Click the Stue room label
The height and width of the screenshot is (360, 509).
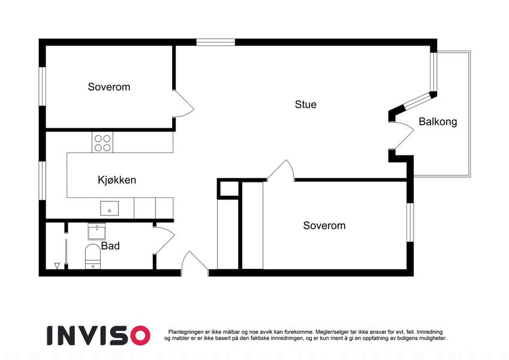(306, 104)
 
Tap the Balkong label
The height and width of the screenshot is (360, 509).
(438, 122)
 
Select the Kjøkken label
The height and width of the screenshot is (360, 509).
(117, 179)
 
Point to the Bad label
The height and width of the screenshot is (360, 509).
(110, 245)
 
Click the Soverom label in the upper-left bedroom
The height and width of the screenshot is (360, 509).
(109, 87)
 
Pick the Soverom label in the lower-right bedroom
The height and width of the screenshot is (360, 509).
(324, 226)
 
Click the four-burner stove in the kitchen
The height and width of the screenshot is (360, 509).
(103, 142)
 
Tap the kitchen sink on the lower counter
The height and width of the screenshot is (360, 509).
(109, 208)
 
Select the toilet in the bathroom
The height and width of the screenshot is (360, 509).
(93, 257)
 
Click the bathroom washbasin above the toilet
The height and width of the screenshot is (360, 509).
(97, 231)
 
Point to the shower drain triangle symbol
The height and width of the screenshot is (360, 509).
(57, 266)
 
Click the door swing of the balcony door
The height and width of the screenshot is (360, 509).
(402, 136)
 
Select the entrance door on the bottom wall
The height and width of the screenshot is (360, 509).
(195, 263)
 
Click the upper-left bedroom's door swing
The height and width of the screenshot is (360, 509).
(183, 103)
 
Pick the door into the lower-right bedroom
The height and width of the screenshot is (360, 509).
(281, 170)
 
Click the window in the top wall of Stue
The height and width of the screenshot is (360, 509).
(216, 42)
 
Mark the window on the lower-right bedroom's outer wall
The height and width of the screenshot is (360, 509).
(410, 223)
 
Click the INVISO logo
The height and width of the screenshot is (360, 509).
(99, 335)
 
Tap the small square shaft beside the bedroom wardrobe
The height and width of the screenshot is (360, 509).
(230, 189)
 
